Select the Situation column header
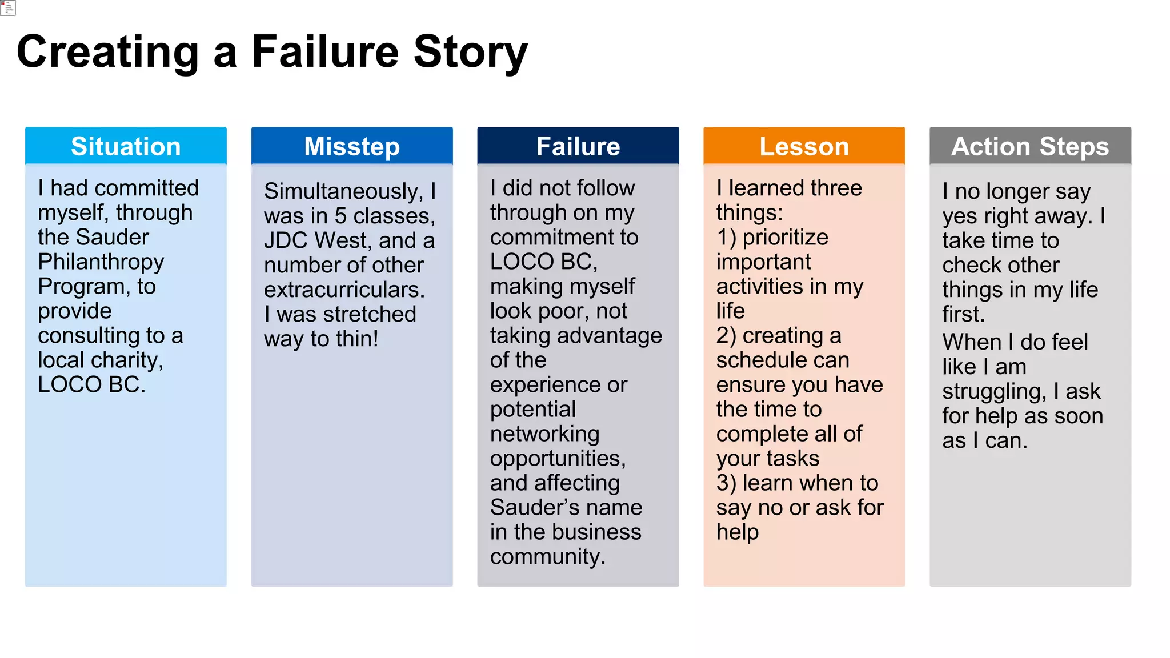tap(126, 146)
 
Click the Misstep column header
tap(352, 146)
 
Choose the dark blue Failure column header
tap(578, 146)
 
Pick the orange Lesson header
tap(804, 146)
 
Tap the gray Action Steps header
tap(1030, 146)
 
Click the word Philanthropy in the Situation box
tap(101, 262)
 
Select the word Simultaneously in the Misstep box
tap(343, 191)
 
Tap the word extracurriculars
tap(344, 290)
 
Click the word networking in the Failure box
tap(544, 434)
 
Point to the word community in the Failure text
tap(547, 557)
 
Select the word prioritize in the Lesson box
tap(785, 238)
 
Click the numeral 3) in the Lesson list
tap(726, 483)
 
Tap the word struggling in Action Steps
tap(995, 392)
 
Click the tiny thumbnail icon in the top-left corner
tap(8, 7)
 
